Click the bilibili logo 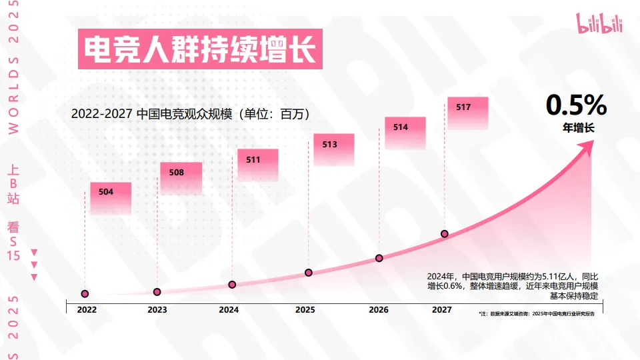pos(601,24)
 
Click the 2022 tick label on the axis pos(86,310)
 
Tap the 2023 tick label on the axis pos(157,310)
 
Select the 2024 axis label pos(229,310)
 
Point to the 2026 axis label pos(378,310)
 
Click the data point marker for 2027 pos(444,234)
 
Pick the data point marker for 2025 pos(309,273)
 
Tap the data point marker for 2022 pos(85,294)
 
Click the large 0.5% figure pos(576,106)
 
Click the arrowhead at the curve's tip pos(587,149)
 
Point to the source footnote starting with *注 pos(537,313)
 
